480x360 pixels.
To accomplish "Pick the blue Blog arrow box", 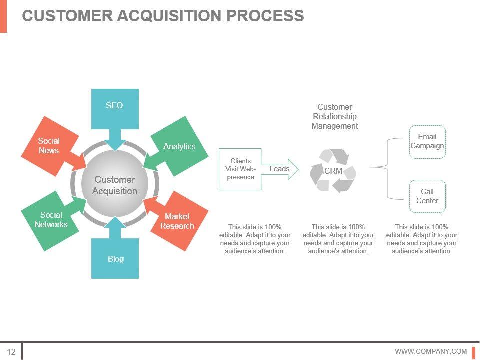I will tap(115, 257).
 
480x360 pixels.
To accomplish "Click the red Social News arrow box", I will tap(49, 145).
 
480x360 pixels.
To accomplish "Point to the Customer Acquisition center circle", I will tap(115, 185).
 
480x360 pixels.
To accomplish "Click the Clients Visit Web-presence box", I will tap(240, 169).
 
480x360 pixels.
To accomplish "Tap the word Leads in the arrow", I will tap(279, 169).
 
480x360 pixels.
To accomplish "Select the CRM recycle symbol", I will tap(333, 171).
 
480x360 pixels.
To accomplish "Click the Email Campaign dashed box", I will tap(427, 142).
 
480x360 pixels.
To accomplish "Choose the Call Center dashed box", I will tap(427, 196).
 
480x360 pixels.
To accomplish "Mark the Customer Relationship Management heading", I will tap(335, 116).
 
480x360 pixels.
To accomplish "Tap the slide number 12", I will tap(11, 351).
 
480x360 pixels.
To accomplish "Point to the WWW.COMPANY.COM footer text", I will tap(431, 351).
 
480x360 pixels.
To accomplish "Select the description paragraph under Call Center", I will tap(422, 239).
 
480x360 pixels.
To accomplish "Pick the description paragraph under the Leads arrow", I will tap(255, 239).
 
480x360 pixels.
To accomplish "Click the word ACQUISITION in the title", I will tap(169, 16).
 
